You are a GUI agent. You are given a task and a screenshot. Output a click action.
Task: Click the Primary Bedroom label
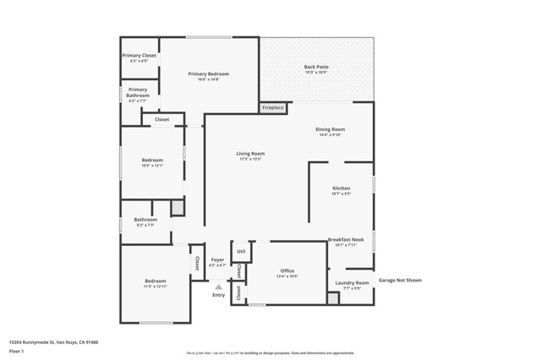208,74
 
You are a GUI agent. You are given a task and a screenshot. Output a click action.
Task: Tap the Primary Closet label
139,56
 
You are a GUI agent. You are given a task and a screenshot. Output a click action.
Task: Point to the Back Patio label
316,68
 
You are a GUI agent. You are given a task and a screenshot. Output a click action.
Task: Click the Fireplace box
273,108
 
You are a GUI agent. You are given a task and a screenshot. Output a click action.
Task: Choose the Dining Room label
331,130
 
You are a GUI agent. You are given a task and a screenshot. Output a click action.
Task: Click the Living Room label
250,154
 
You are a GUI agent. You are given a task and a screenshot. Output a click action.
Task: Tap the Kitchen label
341,188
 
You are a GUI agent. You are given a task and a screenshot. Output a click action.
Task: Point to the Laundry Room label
352,282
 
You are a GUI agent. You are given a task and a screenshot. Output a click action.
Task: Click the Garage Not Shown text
400,280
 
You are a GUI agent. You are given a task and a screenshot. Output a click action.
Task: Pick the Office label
287,271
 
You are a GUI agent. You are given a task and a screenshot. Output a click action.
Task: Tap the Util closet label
241,251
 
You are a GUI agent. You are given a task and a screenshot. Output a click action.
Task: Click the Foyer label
217,260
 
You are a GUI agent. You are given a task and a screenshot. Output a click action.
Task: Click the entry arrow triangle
218,287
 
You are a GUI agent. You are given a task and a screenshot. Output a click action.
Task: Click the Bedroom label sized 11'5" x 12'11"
155,281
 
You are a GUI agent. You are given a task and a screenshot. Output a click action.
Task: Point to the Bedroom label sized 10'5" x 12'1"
152,160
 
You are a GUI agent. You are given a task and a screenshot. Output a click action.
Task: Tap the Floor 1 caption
16,351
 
